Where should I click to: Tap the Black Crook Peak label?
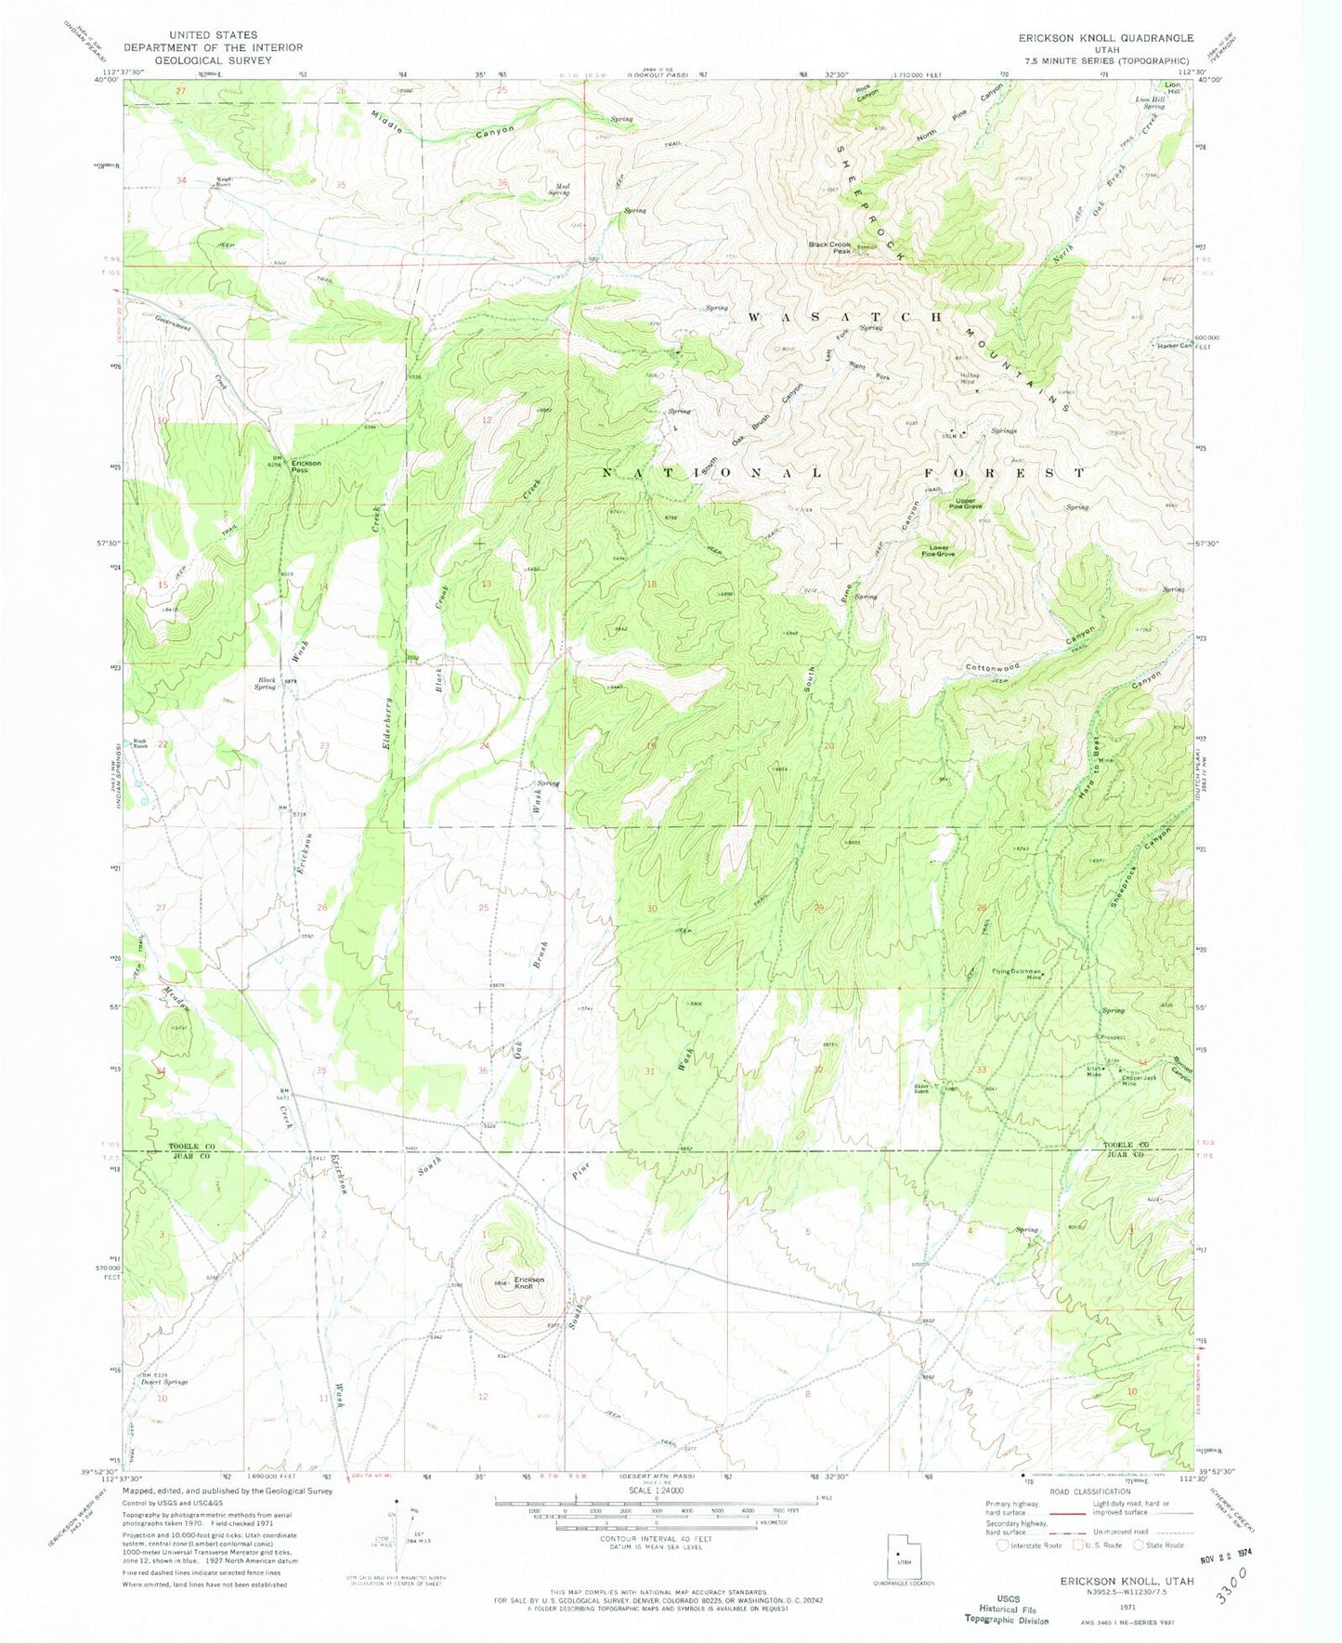tap(829, 247)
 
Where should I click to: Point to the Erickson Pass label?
tap(306, 467)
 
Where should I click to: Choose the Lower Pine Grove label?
tap(938, 551)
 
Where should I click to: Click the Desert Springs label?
tap(164, 1382)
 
